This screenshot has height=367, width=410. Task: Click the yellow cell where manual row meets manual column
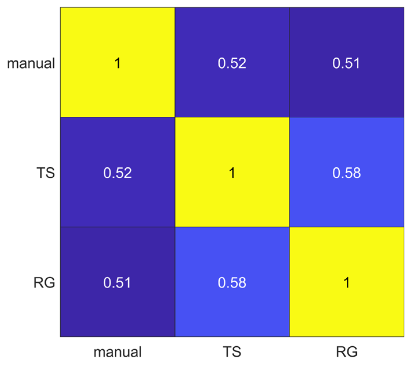click(118, 62)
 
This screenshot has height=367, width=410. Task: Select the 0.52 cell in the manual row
click(232, 62)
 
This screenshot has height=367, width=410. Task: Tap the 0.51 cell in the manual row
click(346, 62)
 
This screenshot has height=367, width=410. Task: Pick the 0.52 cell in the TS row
click(118, 172)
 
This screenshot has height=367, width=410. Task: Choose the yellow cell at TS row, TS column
click(232, 172)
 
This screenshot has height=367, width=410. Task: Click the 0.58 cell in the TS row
click(346, 172)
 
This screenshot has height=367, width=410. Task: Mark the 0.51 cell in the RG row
click(118, 282)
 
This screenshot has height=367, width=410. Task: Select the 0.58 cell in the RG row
click(232, 282)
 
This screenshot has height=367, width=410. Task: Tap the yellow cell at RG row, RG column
click(346, 282)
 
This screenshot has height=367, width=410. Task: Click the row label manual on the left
click(31, 63)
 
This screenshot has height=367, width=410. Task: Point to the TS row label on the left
click(46, 173)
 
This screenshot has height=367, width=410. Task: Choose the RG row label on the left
click(44, 282)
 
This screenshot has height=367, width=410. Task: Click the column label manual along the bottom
click(118, 352)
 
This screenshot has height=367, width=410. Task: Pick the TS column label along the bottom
click(232, 352)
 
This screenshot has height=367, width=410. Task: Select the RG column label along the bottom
click(346, 352)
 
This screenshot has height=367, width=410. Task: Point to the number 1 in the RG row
click(346, 282)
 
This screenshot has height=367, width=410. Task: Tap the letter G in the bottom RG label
click(352, 352)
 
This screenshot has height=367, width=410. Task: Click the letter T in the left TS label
click(41, 173)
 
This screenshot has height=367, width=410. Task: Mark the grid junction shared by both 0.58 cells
click(290, 227)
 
